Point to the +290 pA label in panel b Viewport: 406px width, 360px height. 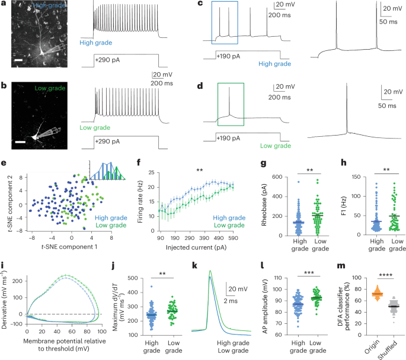coord(107,142)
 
